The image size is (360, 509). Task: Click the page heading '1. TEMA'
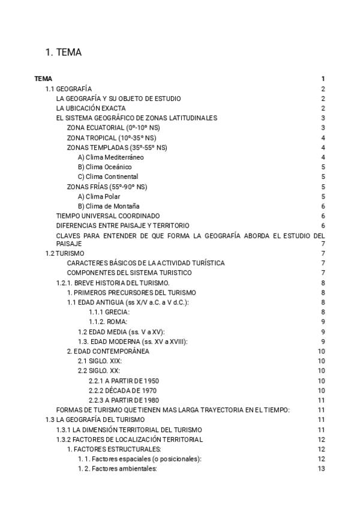[x=64, y=53]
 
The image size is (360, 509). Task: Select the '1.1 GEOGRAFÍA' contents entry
[x=68, y=89]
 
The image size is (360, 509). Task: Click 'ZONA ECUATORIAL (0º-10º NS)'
[x=113, y=128]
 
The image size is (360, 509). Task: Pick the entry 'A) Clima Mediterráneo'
[x=111, y=157]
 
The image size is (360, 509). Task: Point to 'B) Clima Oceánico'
[x=104, y=167]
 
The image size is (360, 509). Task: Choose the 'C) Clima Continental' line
[x=108, y=176]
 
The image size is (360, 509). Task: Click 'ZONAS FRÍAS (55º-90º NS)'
[x=107, y=187]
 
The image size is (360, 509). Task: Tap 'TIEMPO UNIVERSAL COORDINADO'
[x=108, y=215]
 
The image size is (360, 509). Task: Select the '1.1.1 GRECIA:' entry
[x=109, y=312]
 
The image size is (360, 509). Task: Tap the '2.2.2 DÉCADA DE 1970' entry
[x=124, y=390]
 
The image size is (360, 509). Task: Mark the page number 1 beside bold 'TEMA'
[x=323, y=79]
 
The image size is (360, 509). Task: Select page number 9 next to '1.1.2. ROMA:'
[x=323, y=322]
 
